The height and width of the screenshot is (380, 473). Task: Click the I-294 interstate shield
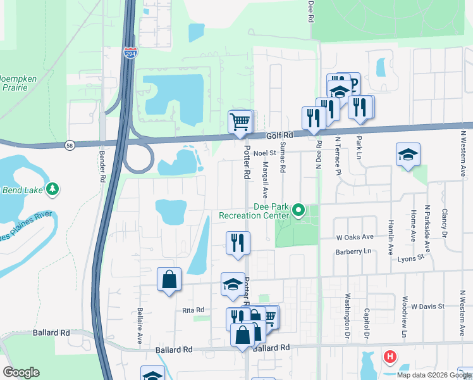pos(130,53)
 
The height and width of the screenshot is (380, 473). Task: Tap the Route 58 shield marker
pos(68,146)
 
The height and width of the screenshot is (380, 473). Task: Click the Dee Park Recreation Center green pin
pos(298,210)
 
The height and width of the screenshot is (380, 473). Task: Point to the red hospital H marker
pos(390,357)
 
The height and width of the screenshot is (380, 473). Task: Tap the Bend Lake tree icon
pos(53,188)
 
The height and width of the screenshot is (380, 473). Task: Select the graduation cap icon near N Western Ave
pos(408,155)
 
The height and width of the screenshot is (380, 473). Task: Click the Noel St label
pos(265,153)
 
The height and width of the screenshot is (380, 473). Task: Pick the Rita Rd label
pos(193,310)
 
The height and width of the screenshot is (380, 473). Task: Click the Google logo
pos(21,372)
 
